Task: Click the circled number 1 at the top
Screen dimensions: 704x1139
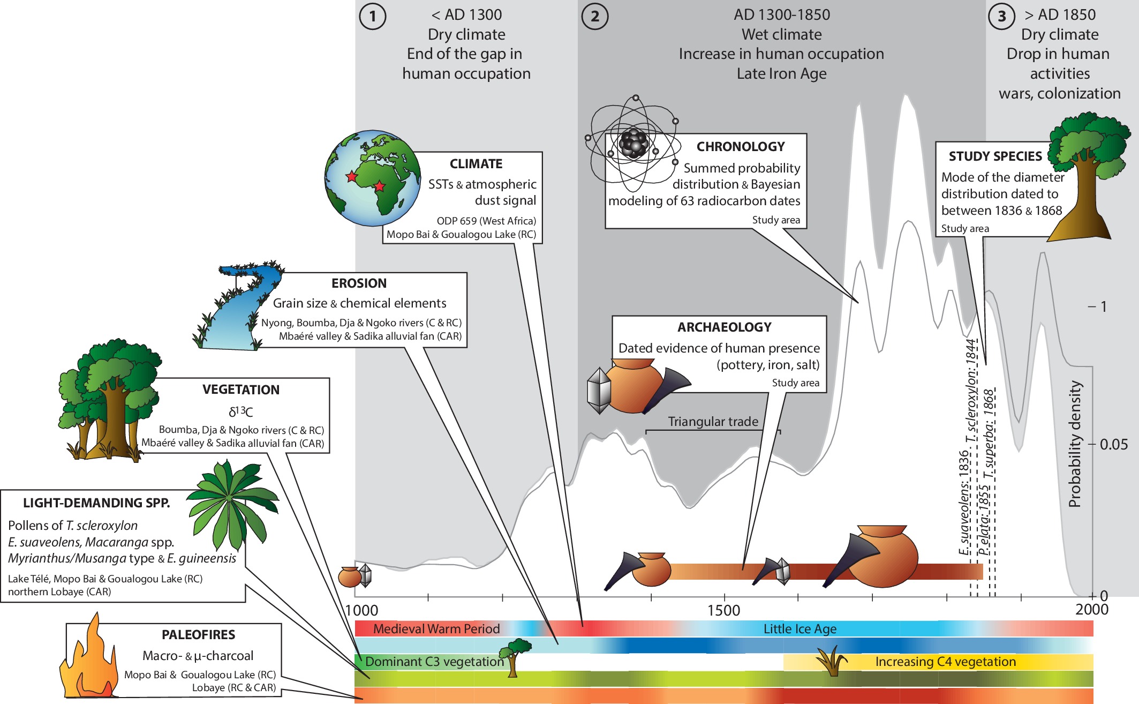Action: pos(373,17)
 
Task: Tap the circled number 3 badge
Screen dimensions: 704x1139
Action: pos(1001,17)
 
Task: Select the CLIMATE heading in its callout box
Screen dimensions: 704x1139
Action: pos(476,164)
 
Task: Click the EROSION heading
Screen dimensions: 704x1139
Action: pos(359,283)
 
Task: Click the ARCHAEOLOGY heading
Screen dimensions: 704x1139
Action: pos(724,327)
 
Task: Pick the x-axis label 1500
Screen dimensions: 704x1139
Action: pos(723,611)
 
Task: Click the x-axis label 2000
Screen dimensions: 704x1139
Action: pos(1091,610)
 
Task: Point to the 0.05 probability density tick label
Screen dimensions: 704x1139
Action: pos(1113,445)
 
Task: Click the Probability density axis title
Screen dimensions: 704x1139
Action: pos(1074,444)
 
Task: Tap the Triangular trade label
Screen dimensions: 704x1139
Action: pos(713,422)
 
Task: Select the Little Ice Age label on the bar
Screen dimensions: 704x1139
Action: pos(799,629)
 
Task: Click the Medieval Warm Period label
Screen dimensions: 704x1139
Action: pos(436,629)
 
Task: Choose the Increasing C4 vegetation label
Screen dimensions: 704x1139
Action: pos(945,662)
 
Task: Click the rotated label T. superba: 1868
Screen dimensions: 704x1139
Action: pos(989,434)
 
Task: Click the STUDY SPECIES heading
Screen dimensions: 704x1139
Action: pos(995,156)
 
